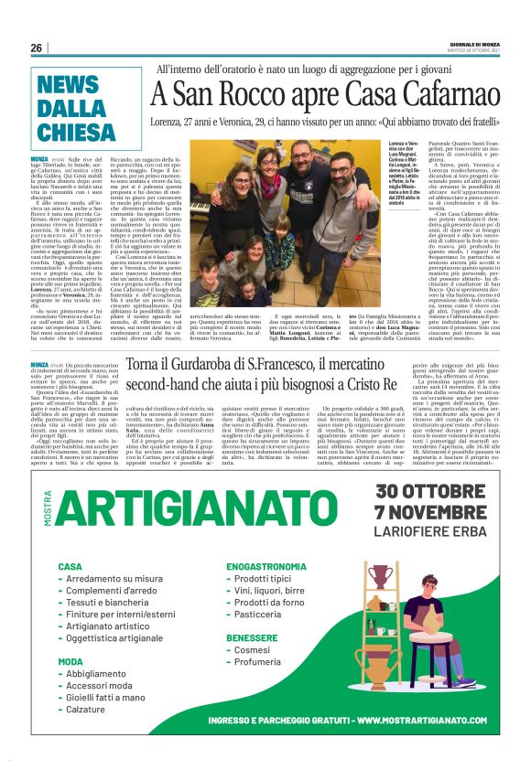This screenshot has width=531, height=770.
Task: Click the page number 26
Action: click(36, 48)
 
